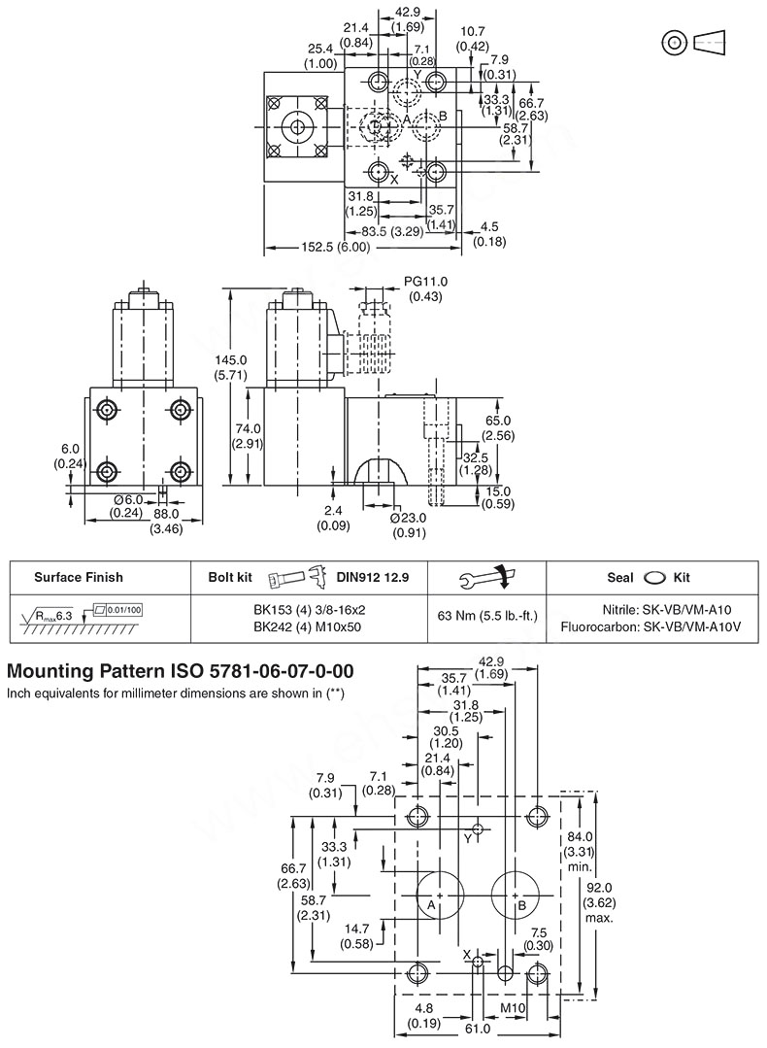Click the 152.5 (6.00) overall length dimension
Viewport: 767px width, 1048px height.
[x=329, y=248]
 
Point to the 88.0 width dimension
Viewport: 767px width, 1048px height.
[x=169, y=514]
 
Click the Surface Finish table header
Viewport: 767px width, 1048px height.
[x=79, y=577]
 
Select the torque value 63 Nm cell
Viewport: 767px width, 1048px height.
[x=487, y=616]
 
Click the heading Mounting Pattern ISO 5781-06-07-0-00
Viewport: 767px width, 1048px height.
[x=181, y=671]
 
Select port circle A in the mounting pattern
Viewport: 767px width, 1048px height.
[x=439, y=895]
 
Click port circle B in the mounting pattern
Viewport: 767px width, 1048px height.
[x=515, y=895]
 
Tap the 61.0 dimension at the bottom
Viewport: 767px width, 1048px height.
[x=478, y=1029]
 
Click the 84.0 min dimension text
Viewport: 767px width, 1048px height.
[x=580, y=852]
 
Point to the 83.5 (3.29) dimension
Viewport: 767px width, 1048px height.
[x=391, y=232]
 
